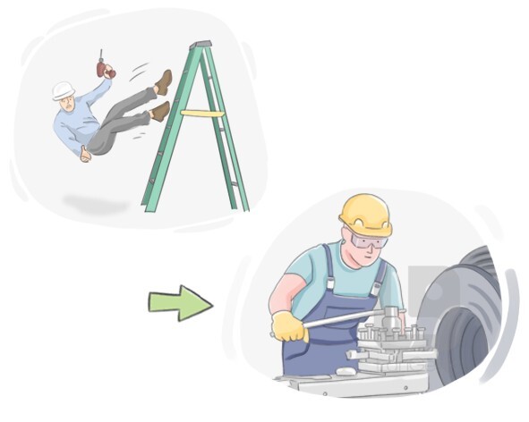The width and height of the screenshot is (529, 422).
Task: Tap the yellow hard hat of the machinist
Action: [x=364, y=213]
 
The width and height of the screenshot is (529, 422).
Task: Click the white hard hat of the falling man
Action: [x=63, y=91]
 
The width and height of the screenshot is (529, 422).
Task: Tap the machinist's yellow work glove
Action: [x=289, y=327]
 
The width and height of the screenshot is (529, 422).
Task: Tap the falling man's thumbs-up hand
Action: [x=85, y=154]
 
